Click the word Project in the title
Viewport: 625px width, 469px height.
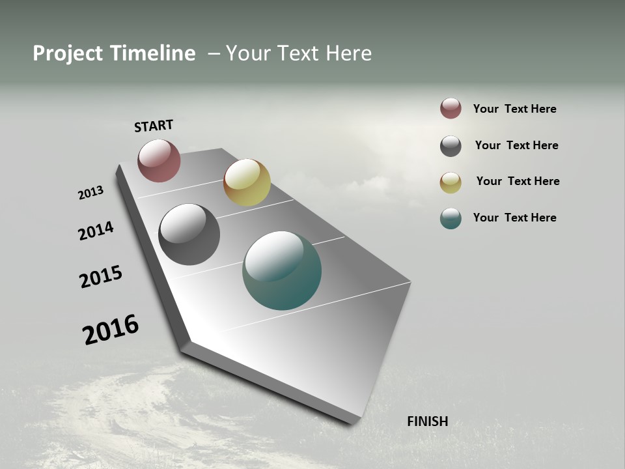(66, 53)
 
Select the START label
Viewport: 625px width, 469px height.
(154, 126)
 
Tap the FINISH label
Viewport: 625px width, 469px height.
(427, 421)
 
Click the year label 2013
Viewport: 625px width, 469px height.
(90, 193)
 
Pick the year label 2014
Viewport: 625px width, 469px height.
(96, 231)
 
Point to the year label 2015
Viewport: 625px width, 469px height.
(101, 277)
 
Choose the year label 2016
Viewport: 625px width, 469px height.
(111, 330)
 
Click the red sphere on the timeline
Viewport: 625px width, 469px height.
(159, 160)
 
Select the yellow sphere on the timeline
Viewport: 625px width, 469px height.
(247, 182)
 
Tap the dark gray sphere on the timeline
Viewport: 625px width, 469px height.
(189, 234)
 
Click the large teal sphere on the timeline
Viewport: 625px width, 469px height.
(282, 270)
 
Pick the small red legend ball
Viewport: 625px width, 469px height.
(451, 108)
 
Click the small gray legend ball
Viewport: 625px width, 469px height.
(451, 146)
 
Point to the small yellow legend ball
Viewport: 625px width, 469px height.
(451, 182)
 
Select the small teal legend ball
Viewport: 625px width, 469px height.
(451, 218)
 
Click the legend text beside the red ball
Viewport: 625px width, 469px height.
(514, 109)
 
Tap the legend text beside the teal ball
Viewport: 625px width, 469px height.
(514, 218)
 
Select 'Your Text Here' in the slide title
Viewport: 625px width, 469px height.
(298, 53)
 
